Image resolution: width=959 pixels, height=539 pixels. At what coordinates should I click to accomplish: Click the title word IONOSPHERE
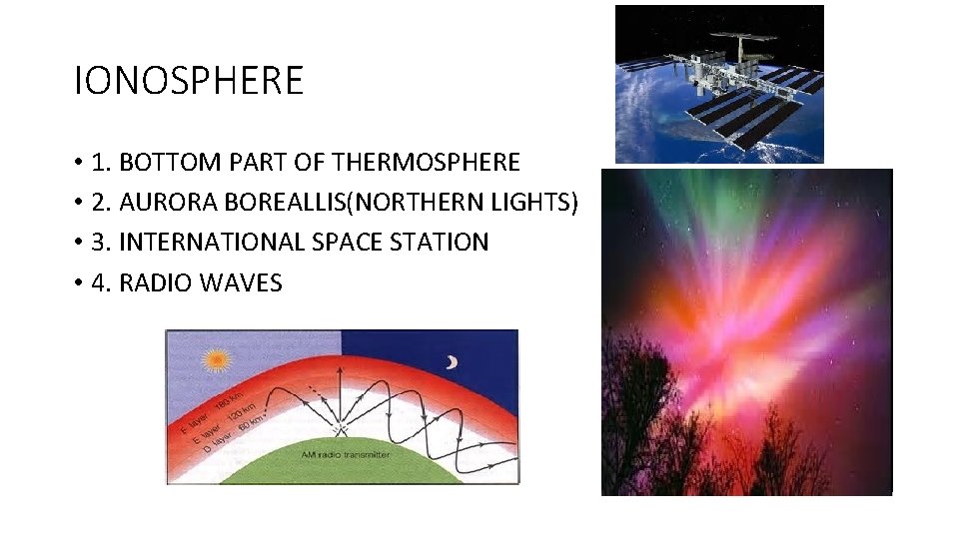tap(189, 81)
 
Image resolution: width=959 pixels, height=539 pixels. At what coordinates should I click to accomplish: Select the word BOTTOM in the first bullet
tap(166, 162)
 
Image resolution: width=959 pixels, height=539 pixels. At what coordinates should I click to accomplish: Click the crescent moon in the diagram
tap(452, 362)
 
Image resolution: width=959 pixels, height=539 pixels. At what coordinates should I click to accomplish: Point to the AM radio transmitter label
tap(346, 454)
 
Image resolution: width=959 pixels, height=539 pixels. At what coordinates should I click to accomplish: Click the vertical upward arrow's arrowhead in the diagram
tap(341, 368)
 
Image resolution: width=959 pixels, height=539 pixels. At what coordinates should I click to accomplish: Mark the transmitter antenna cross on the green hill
tap(341, 431)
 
